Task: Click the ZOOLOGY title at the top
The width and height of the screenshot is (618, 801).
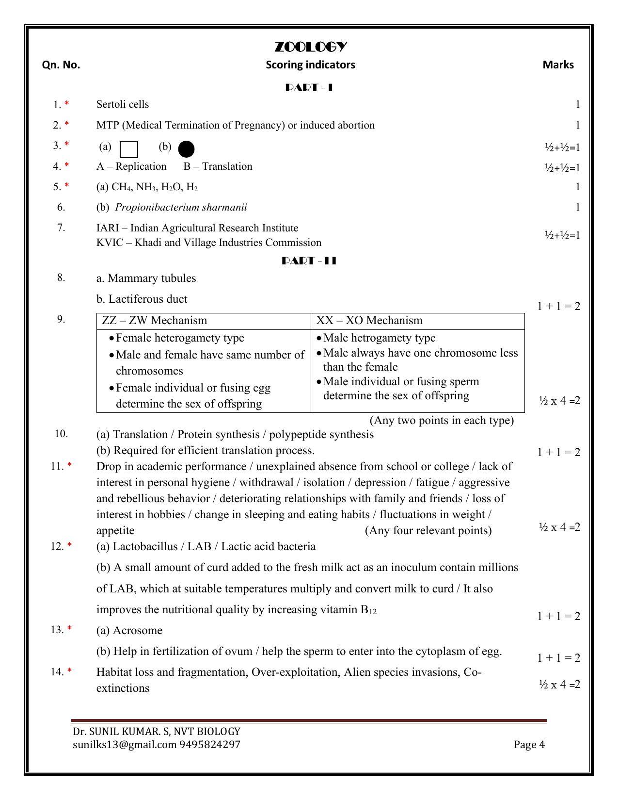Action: point(311,47)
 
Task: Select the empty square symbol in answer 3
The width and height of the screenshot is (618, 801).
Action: point(128,149)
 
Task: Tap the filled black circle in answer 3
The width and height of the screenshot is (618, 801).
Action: point(186,149)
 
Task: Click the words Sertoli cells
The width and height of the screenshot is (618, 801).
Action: point(123,104)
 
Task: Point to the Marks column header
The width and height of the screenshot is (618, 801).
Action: point(558,65)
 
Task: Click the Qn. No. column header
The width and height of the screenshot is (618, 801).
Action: point(61,65)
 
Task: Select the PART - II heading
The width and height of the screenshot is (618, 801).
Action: point(309,261)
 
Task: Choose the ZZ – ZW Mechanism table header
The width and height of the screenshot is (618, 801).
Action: point(155,321)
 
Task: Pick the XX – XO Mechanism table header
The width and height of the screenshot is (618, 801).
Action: point(369,321)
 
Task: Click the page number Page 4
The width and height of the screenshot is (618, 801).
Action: point(529,745)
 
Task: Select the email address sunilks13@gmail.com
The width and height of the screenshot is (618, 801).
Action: point(125,745)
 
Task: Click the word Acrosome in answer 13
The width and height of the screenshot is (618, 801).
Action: point(138,631)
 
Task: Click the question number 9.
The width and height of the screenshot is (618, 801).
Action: point(61,319)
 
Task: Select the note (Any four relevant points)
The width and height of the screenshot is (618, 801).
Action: point(428,531)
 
